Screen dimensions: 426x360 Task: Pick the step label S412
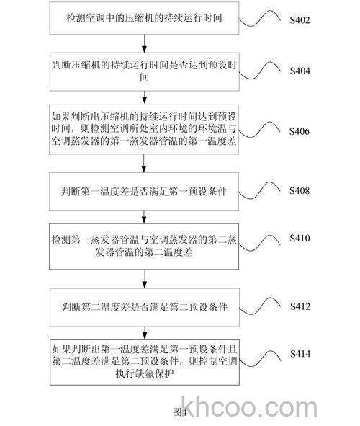click(x=300, y=306)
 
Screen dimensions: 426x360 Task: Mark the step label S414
click(x=300, y=354)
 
